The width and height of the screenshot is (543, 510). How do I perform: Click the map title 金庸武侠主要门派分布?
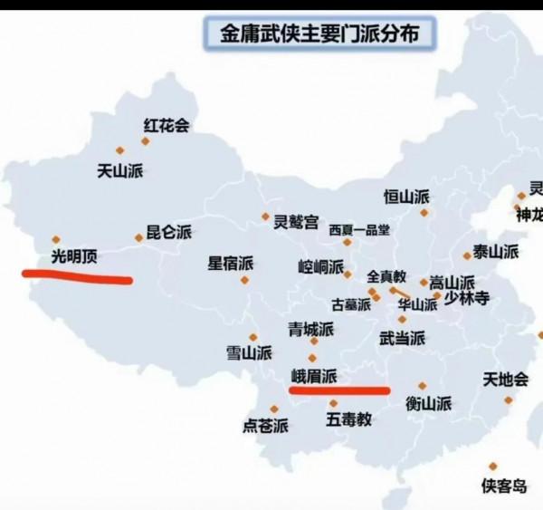(x=313, y=34)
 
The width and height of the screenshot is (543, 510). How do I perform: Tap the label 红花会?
(x=166, y=127)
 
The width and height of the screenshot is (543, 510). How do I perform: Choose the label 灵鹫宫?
(x=296, y=221)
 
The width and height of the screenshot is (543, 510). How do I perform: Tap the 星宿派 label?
(x=231, y=264)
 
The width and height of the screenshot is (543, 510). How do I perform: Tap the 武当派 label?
(x=402, y=338)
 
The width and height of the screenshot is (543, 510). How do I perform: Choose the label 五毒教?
(x=348, y=419)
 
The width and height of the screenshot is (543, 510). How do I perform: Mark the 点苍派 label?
(x=266, y=425)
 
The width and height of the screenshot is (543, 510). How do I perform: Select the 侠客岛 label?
(x=504, y=486)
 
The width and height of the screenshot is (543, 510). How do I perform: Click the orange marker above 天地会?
(x=494, y=355)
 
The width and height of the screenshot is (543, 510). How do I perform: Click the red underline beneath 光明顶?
(x=77, y=276)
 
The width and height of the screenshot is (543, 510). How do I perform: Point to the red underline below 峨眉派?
(x=338, y=390)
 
